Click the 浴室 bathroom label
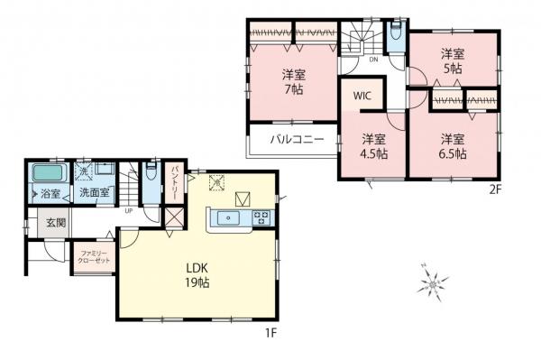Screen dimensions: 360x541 50,193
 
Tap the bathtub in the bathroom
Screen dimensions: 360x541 49,173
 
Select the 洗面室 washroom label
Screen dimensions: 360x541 94,193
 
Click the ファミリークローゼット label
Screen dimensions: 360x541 94,254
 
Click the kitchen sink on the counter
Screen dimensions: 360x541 229,217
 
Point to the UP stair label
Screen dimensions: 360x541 129,212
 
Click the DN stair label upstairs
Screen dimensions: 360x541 373,60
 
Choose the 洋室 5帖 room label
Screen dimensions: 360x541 452,60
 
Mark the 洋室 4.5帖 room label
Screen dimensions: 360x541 375,145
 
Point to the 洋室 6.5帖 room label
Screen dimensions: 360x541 453,145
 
